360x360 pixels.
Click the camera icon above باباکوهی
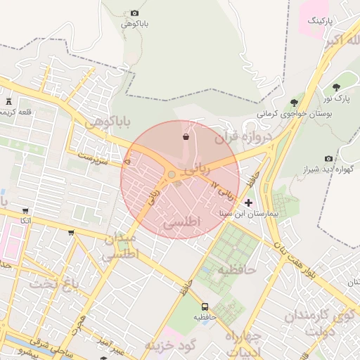click(135, 13)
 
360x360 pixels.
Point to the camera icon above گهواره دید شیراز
click(328, 159)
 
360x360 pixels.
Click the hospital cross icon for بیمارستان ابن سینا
click(248, 202)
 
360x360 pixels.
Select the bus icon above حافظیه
click(205, 307)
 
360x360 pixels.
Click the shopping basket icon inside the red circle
click(185, 136)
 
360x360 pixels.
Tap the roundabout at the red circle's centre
click(172, 174)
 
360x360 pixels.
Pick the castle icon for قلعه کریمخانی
click(8, 102)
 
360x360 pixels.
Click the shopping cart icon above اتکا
click(25, 210)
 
